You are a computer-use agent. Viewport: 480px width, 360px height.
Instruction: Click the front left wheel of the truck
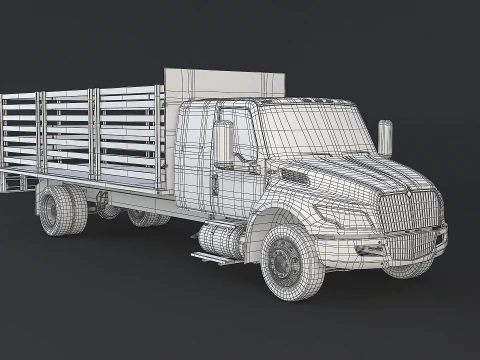pyautogui.click(x=290, y=261)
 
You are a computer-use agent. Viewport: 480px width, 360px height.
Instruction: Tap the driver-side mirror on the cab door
pyautogui.click(x=223, y=144)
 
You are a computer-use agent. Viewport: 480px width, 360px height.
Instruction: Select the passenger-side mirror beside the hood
pyautogui.click(x=385, y=137)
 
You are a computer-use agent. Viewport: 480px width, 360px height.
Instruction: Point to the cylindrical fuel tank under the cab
pyautogui.click(x=222, y=241)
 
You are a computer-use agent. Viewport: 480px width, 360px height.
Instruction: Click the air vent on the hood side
pyautogui.click(x=295, y=177)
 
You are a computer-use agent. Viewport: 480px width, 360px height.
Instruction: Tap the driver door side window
pyautogui.click(x=232, y=130)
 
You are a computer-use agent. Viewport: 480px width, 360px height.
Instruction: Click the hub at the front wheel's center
pyautogui.click(x=284, y=263)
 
